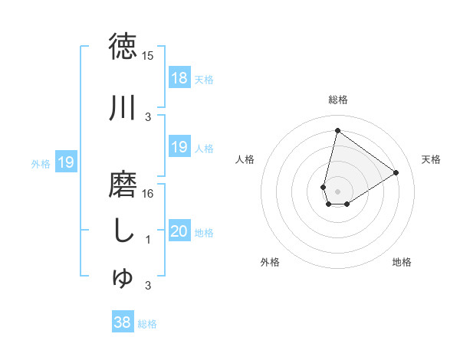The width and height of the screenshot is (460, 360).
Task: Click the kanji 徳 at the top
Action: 123,46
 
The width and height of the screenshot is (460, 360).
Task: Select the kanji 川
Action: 123,107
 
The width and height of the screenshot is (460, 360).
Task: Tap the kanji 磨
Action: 123,184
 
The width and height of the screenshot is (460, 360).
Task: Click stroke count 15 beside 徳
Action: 147,56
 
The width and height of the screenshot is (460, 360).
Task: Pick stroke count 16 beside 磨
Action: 148,194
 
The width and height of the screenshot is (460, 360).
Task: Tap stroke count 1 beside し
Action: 148,240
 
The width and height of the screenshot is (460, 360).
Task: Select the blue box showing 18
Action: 179,78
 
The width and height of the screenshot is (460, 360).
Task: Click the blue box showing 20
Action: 179,231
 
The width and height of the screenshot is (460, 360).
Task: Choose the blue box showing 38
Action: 122,323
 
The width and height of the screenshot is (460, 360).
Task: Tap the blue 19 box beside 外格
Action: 65,162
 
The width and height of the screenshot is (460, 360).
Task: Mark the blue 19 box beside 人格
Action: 179,147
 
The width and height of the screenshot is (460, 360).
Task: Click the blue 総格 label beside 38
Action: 147,324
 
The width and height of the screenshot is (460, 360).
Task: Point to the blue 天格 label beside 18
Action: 204,79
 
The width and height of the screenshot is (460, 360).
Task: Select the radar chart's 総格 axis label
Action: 338,100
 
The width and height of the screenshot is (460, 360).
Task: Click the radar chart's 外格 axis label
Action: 270,262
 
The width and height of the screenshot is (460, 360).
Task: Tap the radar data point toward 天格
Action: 396,172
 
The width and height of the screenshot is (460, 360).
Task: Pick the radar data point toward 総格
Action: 337,130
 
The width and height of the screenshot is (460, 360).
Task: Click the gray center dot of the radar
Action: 337,191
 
